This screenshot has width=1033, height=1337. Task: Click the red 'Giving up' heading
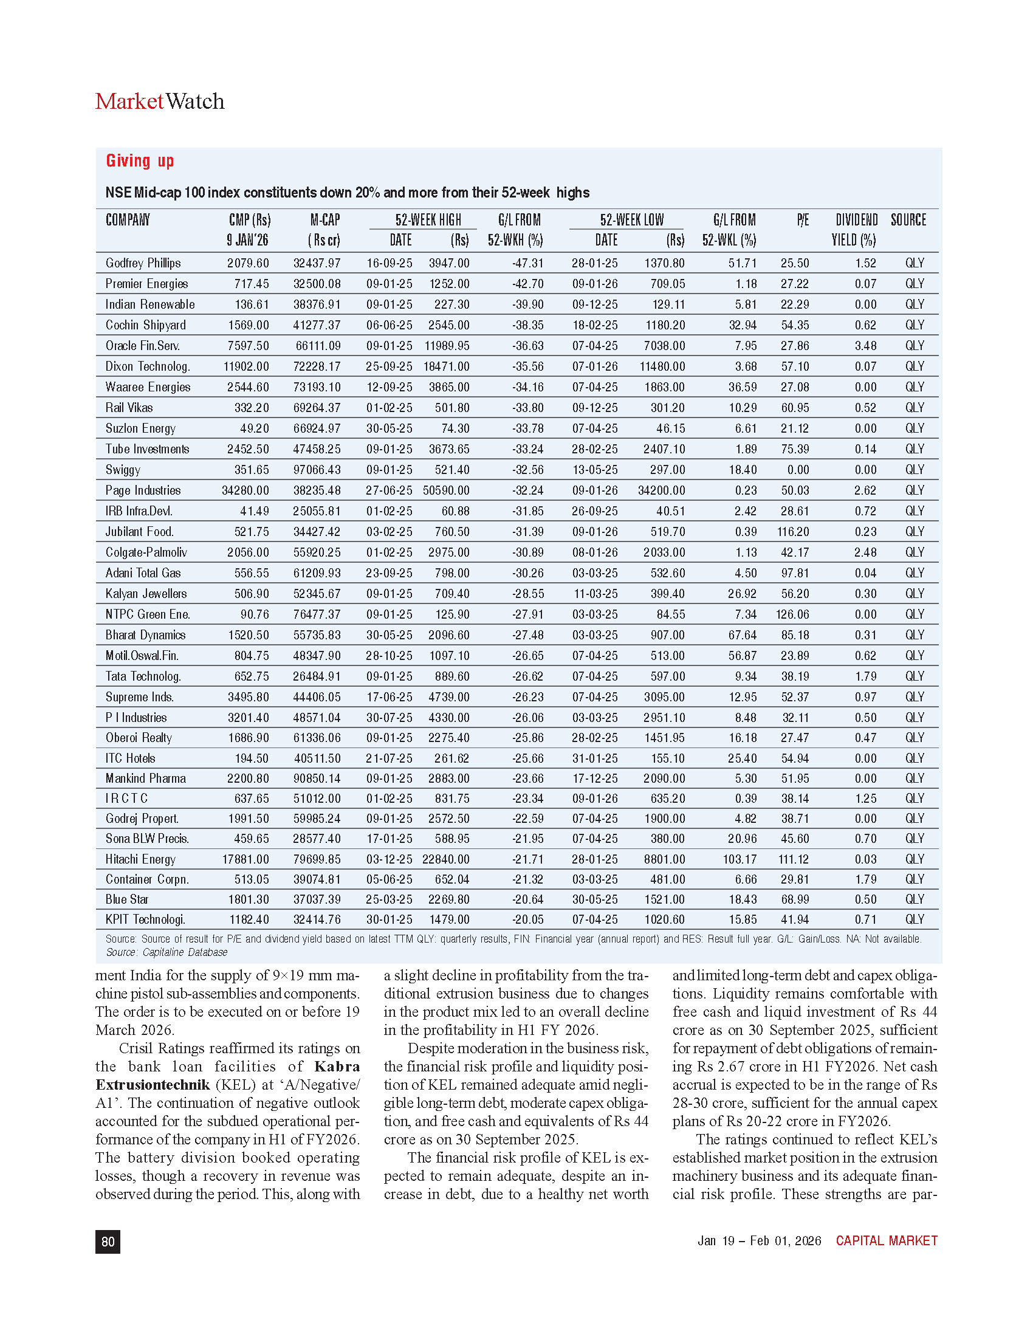140,161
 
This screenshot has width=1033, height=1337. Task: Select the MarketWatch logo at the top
160,101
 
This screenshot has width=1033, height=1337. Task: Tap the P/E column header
802,221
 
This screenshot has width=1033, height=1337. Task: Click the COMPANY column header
127,221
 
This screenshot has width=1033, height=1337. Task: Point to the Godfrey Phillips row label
143,263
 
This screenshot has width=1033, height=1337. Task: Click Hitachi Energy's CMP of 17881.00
245,859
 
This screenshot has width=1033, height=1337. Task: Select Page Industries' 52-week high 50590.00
446,491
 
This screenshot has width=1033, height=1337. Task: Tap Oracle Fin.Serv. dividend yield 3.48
865,346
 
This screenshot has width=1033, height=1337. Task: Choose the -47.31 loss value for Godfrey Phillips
527,263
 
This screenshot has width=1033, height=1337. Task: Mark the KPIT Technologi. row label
145,919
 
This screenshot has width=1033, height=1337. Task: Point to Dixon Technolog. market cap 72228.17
317,366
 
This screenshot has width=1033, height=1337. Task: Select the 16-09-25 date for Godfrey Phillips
390,263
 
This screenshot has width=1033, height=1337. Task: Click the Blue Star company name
126,899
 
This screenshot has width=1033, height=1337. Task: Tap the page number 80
108,1242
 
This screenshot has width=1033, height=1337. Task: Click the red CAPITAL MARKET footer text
886,1241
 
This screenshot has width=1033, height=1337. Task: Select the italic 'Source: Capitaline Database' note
166,952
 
